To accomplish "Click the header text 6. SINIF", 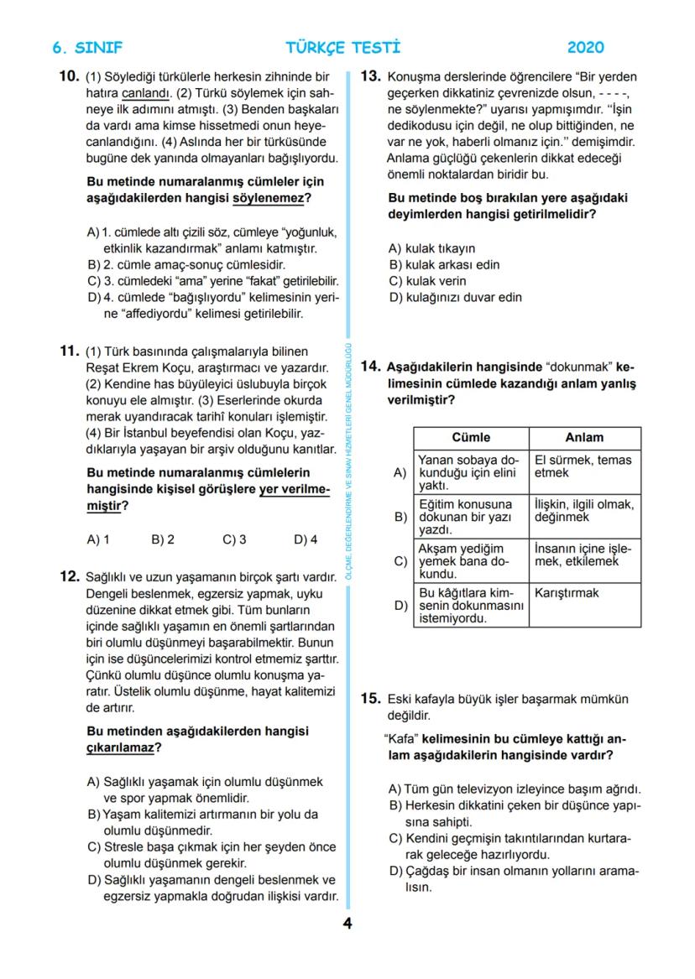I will tap(86, 48).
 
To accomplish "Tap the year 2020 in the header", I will tap(585, 48).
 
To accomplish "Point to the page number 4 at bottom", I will tap(347, 924).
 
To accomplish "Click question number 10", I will tap(69, 76).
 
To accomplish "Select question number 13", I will tap(371, 76).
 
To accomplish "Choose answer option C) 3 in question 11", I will tap(234, 540).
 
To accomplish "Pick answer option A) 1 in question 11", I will tap(98, 540).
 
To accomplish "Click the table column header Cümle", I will tap(471, 438).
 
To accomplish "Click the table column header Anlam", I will tap(584, 438).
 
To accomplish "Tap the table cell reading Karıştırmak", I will tap(567, 593).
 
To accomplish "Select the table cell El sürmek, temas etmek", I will tap(583, 466).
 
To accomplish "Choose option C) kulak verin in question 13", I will tap(426, 281).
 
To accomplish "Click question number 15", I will tap(371, 699).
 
